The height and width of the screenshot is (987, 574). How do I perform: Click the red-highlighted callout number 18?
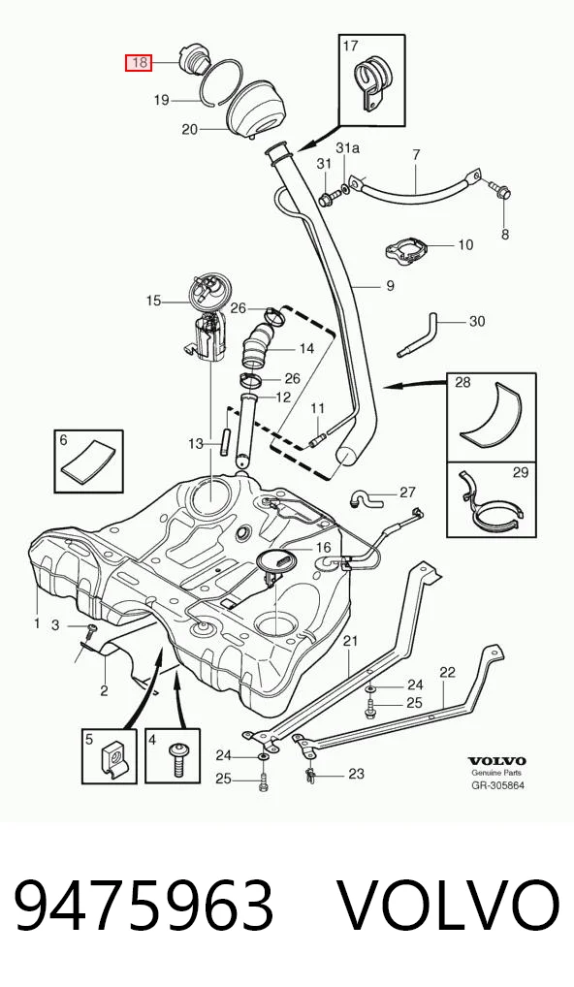139,62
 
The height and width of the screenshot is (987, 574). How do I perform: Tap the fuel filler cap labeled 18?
192,61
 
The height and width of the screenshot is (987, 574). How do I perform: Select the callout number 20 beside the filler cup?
190,130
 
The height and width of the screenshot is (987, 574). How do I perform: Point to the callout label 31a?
348,148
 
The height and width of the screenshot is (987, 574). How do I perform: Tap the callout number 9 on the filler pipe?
390,286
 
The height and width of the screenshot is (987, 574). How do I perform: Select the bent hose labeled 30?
419,334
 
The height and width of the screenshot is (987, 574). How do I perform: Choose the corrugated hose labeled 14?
259,346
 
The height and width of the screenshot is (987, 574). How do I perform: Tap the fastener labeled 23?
312,775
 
